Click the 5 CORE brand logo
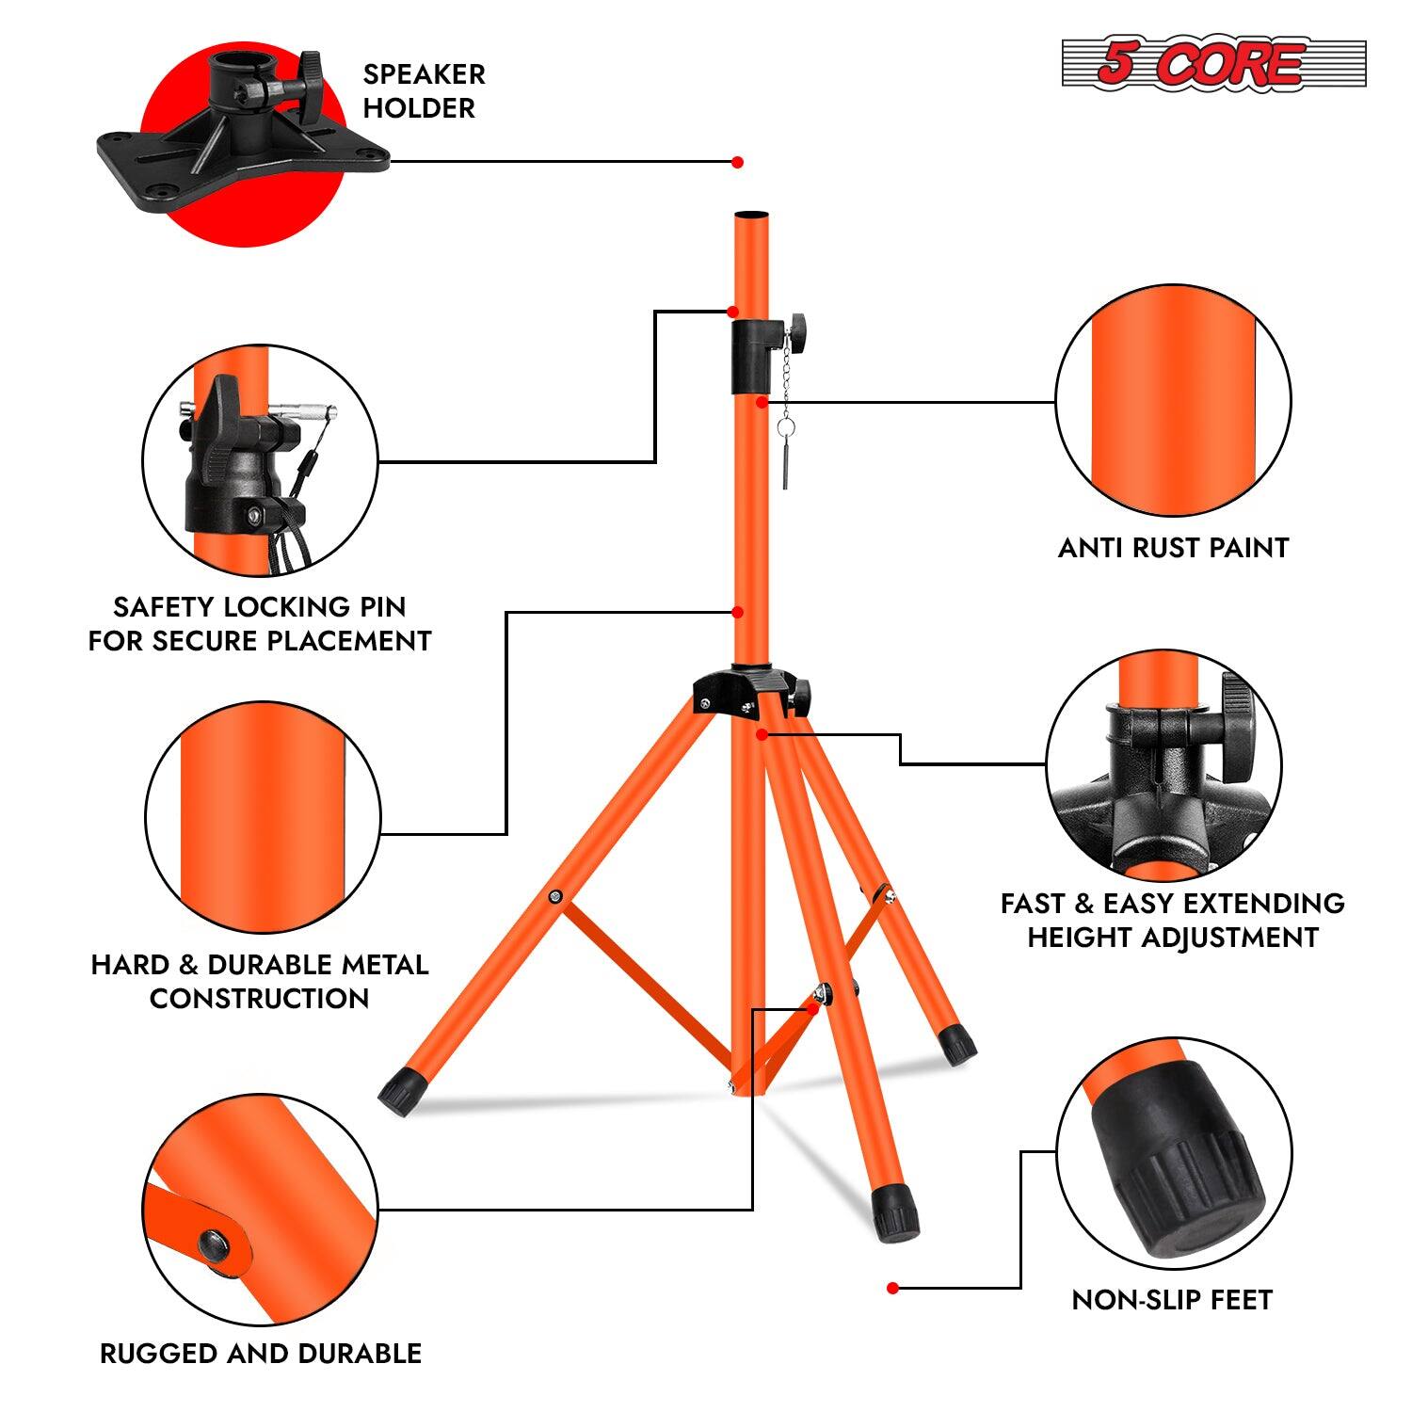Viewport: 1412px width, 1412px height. pos(1212,64)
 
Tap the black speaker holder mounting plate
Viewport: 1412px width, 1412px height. pos(243,156)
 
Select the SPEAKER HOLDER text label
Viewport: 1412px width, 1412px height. pos(424,91)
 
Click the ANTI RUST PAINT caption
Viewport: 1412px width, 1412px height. pos(1173,548)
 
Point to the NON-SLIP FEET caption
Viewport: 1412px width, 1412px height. pos(1172,1300)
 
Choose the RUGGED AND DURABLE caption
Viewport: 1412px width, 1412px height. pos(261,1354)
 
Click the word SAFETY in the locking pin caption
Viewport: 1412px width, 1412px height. pos(163,607)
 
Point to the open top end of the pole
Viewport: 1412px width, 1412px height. pos(750,217)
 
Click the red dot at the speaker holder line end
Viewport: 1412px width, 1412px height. pos(737,162)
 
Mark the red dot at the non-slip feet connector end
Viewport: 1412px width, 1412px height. pos(892,1288)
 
